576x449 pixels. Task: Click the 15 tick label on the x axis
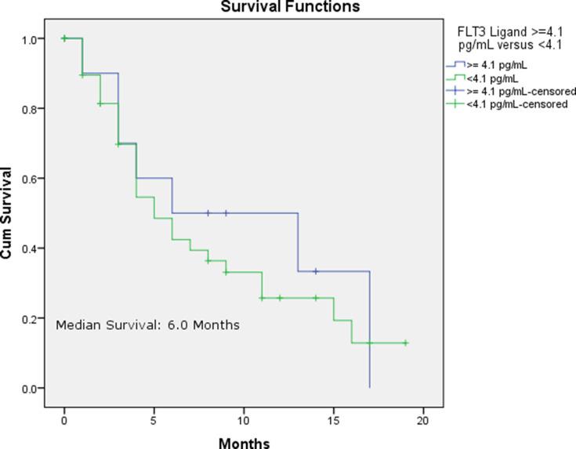point(333,413)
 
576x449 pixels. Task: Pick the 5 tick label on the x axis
point(154,413)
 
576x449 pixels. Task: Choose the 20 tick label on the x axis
point(423,413)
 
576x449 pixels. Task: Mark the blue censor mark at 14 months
point(315,271)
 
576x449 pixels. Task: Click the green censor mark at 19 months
point(405,343)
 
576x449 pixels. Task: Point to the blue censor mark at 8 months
point(208,213)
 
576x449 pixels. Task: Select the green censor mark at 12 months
point(280,298)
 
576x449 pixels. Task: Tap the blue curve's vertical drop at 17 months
point(369,329)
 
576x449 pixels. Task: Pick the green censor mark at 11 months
point(262,298)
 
